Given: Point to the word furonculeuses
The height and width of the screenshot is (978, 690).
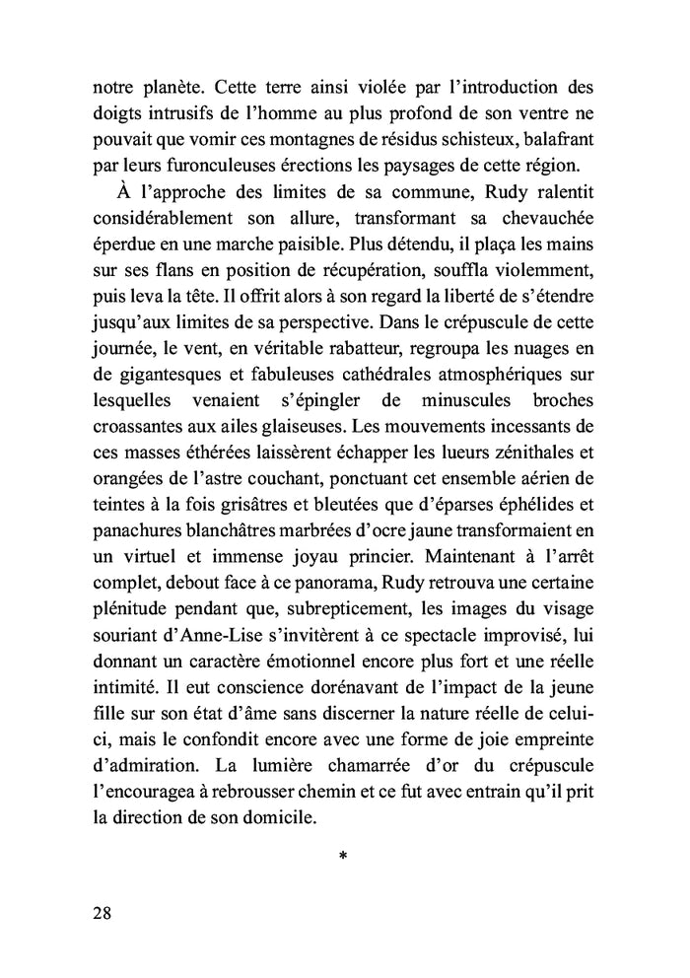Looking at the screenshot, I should [221, 158].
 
